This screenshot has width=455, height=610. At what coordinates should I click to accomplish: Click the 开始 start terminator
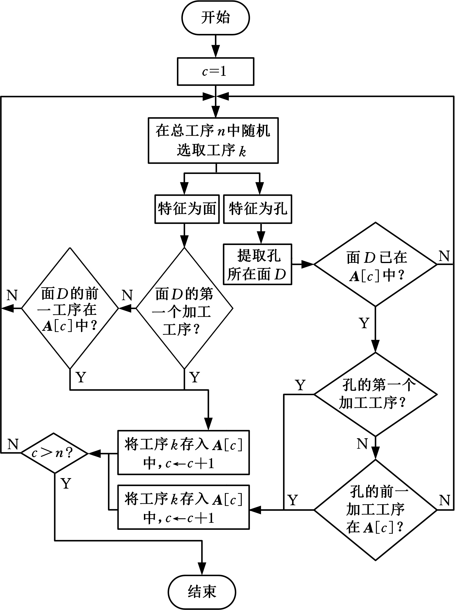(215, 18)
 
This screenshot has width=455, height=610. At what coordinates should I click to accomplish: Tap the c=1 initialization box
(215, 71)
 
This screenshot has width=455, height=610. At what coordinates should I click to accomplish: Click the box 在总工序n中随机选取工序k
(213, 141)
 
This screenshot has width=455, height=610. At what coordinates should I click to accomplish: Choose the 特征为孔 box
(257, 209)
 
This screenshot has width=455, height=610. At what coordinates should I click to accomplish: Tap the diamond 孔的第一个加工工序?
(375, 394)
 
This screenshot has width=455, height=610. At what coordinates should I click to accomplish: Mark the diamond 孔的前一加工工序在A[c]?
(375, 510)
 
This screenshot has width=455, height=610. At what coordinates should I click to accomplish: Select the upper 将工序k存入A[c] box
(183, 453)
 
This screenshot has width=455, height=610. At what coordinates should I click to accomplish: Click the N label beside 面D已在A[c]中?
(444, 256)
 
